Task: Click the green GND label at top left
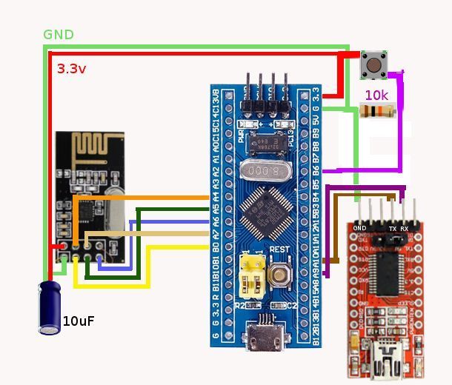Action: pyautogui.click(x=59, y=35)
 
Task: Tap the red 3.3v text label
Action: pyautogui.click(x=72, y=69)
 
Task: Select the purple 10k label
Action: pyautogui.click(x=376, y=96)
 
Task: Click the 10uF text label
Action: pyautogui.click(x=79, y=321)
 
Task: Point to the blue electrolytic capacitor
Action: pyautogui.click(x=50, y=307)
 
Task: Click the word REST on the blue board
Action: pyautogui.click(x=279, y=250)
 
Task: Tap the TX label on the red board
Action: pyautogui.click(x=392, y=228)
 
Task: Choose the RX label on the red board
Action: pyautogui.click(x=405, y=228)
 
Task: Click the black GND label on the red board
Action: pyautogui.click(x=360, y=228)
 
